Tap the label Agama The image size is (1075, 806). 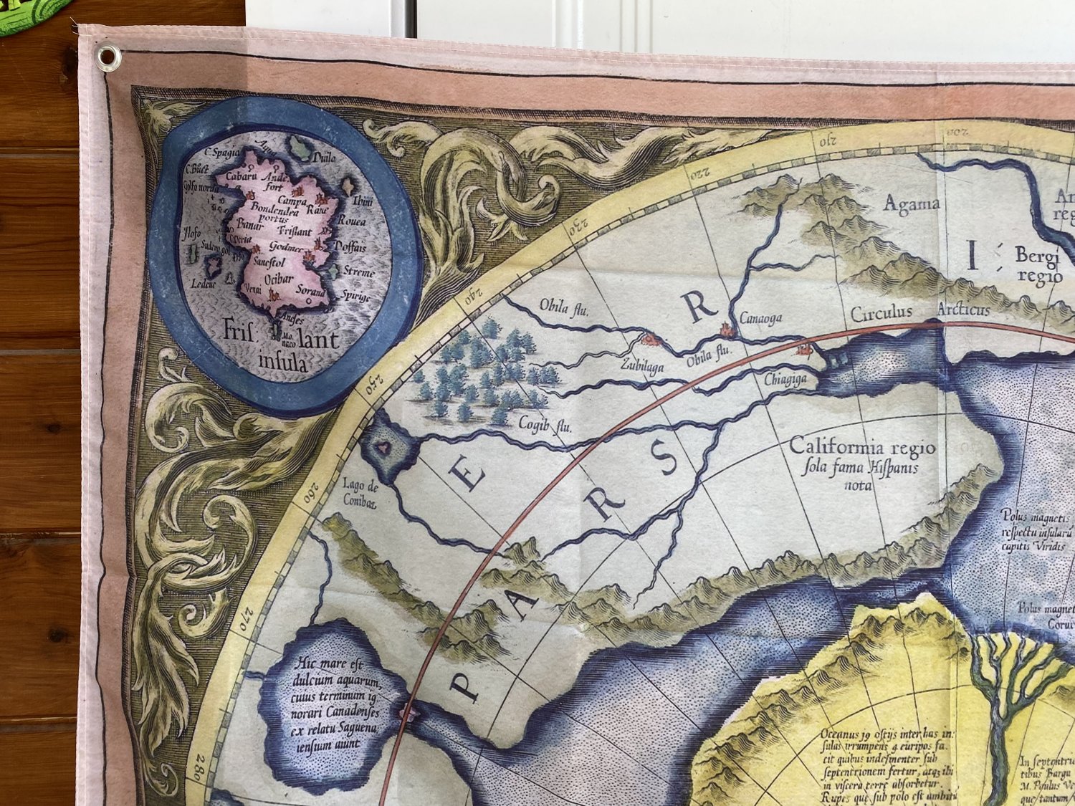coord(911,204)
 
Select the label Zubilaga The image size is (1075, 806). coord(642,367)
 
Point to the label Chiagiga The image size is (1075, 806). coord(785,379)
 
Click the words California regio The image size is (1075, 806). coord(862,447)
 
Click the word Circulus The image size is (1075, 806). coord(881,312)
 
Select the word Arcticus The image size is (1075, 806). coord(964,310)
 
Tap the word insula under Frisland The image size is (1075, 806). coord(284,363)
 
